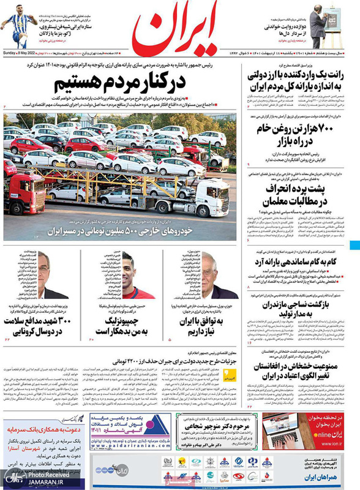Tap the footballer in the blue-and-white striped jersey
pyautogui.click(x=18, y=26)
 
